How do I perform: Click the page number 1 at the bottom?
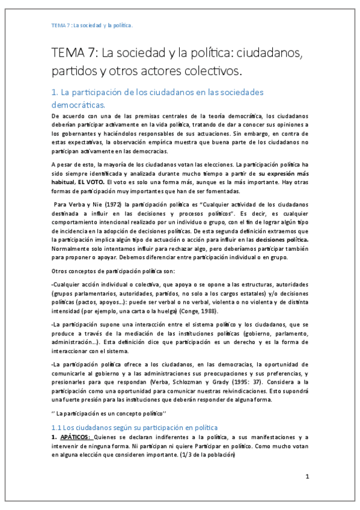(307, 476)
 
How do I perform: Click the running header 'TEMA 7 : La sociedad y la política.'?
(91, 26)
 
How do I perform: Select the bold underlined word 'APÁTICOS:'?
(78, 437)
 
